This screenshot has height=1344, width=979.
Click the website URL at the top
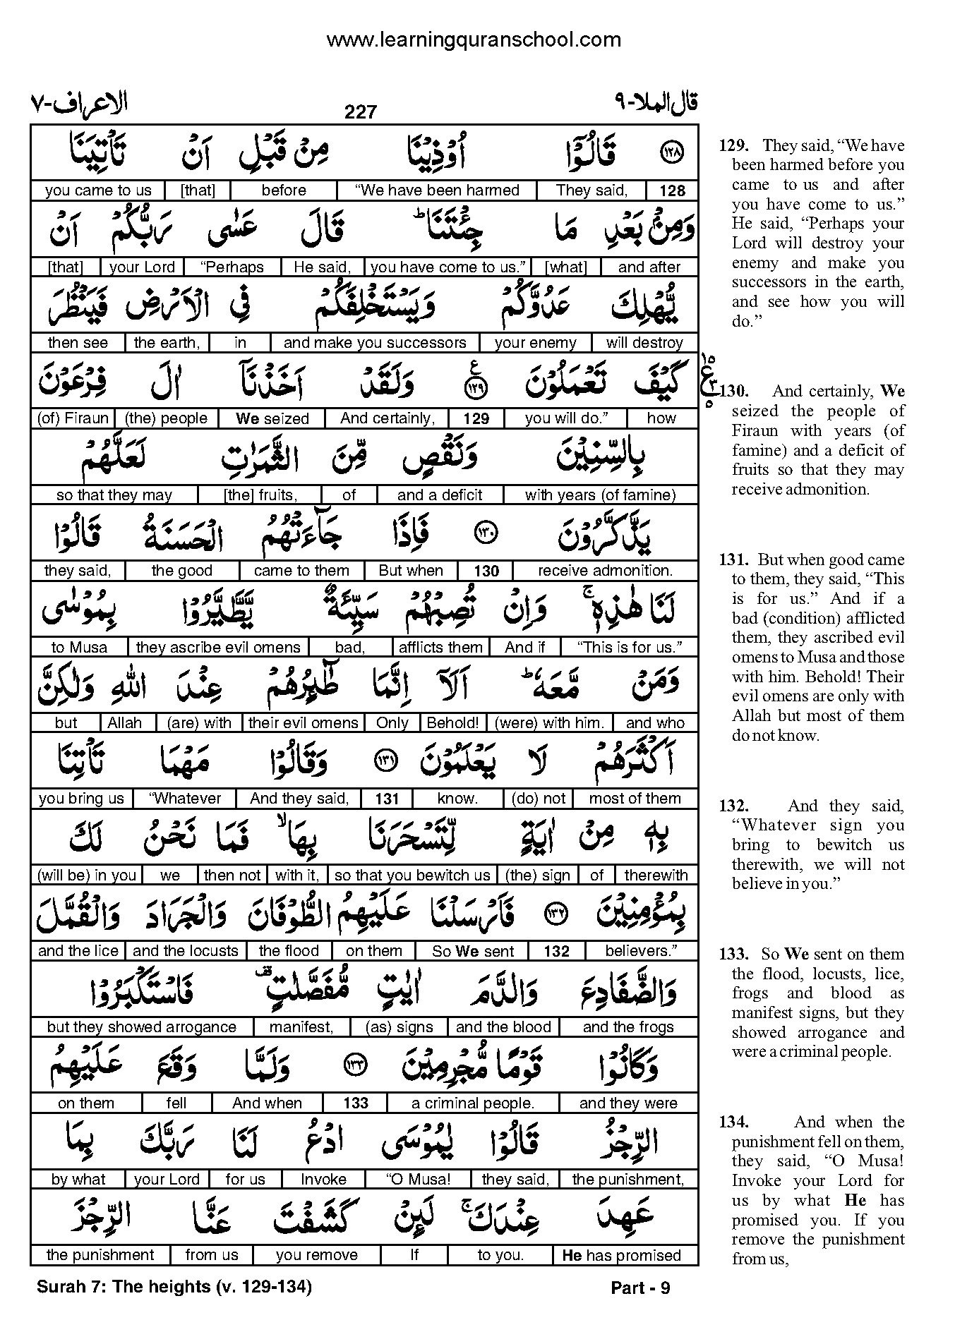coord(473,40)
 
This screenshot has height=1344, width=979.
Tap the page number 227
coord(361,112)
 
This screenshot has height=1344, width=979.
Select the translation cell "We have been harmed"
coord(437,190)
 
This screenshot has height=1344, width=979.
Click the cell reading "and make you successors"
coord(375,343)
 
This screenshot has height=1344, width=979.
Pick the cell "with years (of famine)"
coord(600,495)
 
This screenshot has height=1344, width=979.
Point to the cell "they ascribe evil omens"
coord(218,648)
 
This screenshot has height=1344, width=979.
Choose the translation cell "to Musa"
coord(79,648)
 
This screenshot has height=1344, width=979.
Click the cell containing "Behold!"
coord(453,723)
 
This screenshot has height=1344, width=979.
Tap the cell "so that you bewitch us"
coord(412,876)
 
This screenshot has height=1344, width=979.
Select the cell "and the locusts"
coord(186,951)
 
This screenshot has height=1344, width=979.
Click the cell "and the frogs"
coord(628,1027)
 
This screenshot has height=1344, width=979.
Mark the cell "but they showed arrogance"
coord(141,1027)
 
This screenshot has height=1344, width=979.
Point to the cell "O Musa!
coord(419,1180)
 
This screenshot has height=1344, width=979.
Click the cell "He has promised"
coord(622,1256)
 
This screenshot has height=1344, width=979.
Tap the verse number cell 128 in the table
coord(672,190)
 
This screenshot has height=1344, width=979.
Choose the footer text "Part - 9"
coord(639,1288)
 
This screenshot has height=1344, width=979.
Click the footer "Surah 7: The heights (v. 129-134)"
coord(174,1287)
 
